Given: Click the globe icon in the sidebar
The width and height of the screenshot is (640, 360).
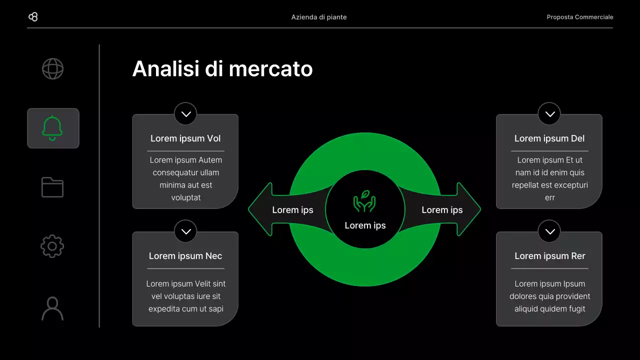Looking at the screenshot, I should pyautogui.click(x=52, y=69).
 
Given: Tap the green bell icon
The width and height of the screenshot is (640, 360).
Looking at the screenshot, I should pyautogui.click(x=52, y=128).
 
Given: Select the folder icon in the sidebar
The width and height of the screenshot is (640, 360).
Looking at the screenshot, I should pyautogui.click(x=52, y=187).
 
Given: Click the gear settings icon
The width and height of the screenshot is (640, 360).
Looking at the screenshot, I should pyautogui.click(x=52, y=246).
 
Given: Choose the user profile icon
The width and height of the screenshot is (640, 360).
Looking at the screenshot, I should pyautogui.click(x=52, y=308).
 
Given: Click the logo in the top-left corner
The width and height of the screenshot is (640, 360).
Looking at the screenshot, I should pyautogui.click(x=33, y=17).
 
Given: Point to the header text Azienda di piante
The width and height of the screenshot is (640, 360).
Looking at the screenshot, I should pyautogui.click(x=319, y=17).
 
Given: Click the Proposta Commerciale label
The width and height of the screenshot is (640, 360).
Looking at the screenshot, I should pyautogui.click(x=579, y=17).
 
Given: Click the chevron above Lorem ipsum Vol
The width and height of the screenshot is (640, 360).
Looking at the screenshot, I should pyautogui.click(x=185, y=114).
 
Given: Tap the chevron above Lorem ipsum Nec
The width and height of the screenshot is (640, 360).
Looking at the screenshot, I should pyautogui.click(x=185, y=231).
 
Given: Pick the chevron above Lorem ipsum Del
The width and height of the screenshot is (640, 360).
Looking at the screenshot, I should pyautogui.click(x=549, y=114).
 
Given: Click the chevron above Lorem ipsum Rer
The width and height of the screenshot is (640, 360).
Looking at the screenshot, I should pyautogui.click(x=549, y=231).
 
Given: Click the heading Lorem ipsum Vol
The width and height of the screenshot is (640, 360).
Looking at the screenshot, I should pyautogui.click(x=185, y=138).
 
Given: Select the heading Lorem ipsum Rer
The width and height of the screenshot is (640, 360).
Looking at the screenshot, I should pyautogui.click(x=549, y=256).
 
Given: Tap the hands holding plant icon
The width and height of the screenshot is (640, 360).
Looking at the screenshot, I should pyautogui.click(x=364, y=201).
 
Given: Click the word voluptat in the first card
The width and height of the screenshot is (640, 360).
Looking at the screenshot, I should pyautogui.click(x=185, y=197).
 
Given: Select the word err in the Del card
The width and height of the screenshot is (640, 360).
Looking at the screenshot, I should pyautogui.click(x=549, y=197).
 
